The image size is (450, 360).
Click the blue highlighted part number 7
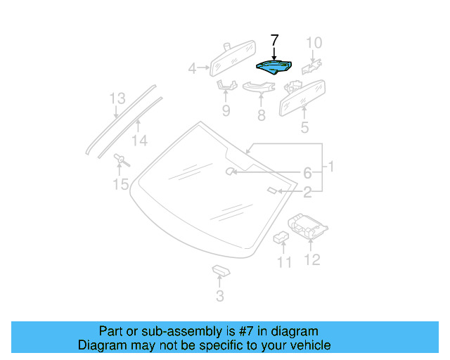pos(275,67)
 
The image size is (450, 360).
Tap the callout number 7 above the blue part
pos(275,40)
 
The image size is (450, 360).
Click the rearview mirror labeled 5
pos(303,97)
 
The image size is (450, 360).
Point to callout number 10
pos(314,44)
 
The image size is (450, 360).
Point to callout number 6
pos(307,173)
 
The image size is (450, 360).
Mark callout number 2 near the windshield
pos(307,191)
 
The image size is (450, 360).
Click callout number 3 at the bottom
pos(220,297)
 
